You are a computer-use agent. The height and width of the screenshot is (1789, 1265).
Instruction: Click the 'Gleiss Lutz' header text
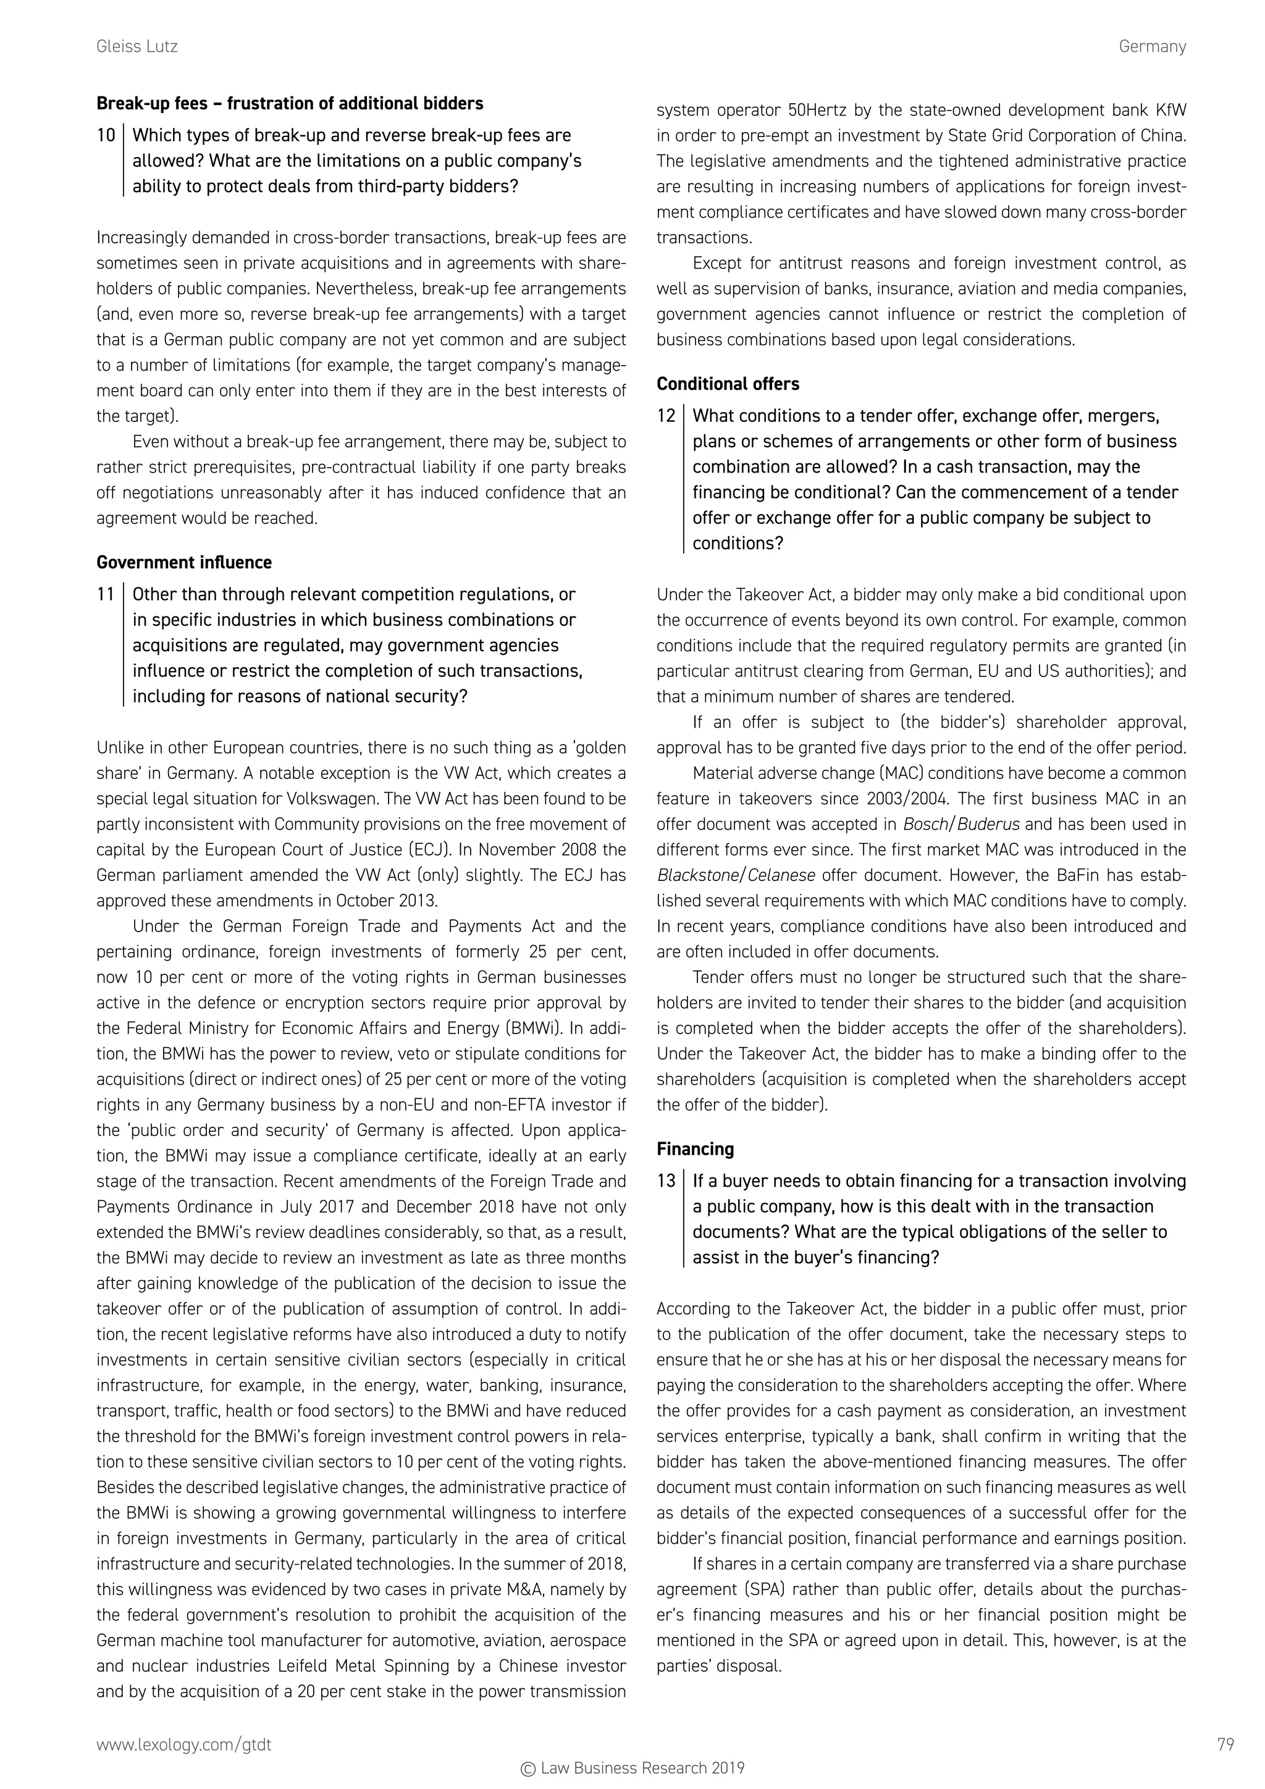point(137,47)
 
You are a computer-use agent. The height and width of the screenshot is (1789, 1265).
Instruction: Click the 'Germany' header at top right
point(1151,47)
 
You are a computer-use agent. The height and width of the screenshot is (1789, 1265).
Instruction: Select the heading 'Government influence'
point(184,563)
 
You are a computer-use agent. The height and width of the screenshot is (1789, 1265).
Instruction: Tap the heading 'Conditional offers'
point(728,384)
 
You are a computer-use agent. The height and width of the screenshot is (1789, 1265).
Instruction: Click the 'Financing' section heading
point(695,1149)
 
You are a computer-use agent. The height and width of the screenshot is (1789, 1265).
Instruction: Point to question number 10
point(106,135)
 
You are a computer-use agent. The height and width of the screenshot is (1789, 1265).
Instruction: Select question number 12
point(666,416)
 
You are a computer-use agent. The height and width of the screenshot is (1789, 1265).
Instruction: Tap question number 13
point(666,1181)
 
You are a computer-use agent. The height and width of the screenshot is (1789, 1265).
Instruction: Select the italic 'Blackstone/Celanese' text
point(736,875)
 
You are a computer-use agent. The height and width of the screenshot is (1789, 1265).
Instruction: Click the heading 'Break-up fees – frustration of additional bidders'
point(290,104)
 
